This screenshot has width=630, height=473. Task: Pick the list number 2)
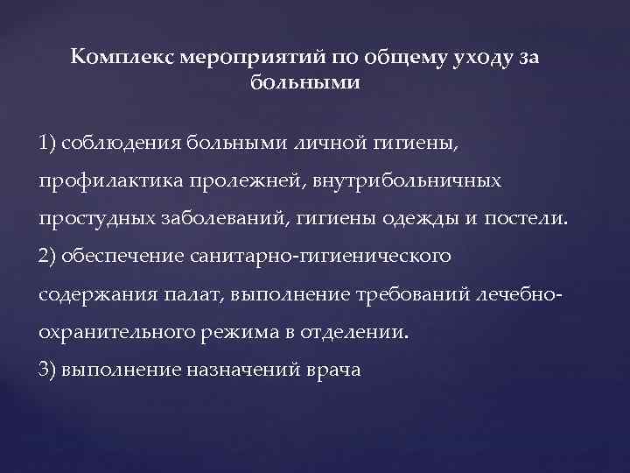[x=48, y=256]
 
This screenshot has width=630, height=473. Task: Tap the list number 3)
[x=48, y=369]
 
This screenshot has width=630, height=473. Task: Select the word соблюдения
[x=122, y=144]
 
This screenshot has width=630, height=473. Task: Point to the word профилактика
[x=101, y=181]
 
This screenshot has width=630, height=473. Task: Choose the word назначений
[x=241, y=369]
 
